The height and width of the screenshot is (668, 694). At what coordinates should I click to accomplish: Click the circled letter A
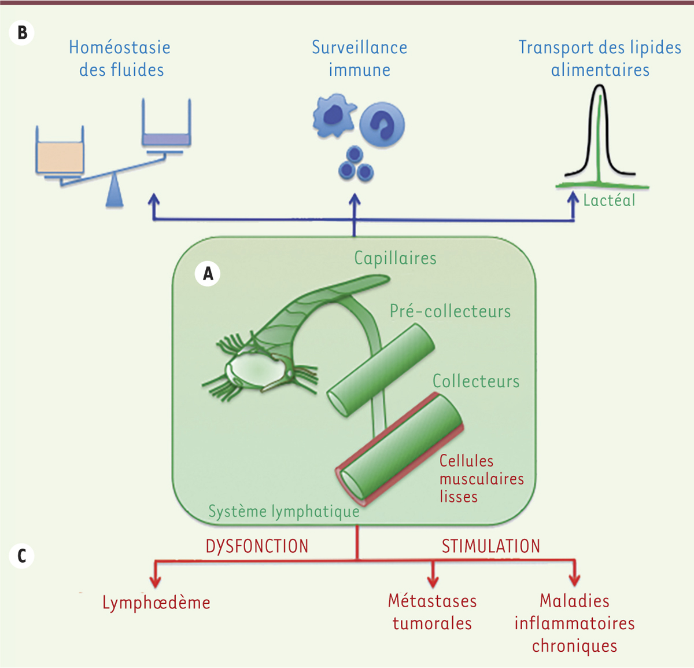click(208, 273)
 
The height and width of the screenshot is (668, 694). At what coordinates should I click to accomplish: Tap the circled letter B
click(22, 32)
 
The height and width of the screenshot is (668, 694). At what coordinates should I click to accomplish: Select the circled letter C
click(22, 556)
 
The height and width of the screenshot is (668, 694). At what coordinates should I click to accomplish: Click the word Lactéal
click(609, 200)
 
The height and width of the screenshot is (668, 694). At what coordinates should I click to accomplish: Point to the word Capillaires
click(395, 258)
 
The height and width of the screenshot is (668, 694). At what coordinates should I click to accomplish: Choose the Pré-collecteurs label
click(450, 311)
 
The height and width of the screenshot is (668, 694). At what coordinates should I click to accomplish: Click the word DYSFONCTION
click(257, 546)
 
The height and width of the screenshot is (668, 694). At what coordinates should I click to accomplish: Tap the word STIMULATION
click(491, 546)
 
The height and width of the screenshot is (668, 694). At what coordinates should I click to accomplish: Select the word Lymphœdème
click(156, 603)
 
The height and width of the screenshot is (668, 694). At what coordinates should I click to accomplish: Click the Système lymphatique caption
click(283, 512)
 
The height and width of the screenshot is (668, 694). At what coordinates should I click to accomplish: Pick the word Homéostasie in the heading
click(120, 47)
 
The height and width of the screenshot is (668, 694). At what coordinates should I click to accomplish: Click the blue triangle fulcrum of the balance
click(115, 193)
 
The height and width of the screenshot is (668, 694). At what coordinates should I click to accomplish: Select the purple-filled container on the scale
click(167, 139)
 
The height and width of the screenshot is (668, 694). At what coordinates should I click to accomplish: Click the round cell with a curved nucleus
click(382, 124)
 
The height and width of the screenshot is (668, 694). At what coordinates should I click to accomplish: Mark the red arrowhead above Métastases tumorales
click(432, 581)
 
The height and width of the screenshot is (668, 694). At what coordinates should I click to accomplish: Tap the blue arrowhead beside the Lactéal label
click(573, 198)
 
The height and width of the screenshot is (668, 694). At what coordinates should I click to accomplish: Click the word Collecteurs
click(476, 381)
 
